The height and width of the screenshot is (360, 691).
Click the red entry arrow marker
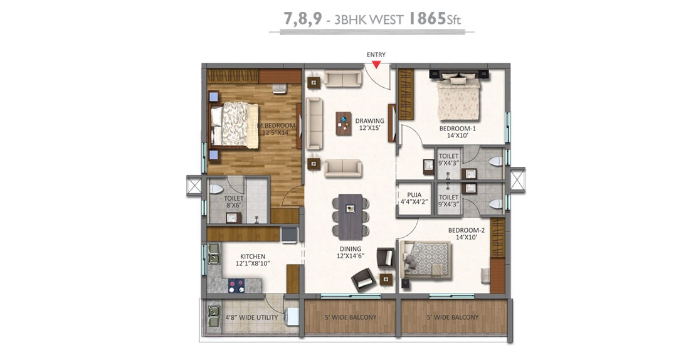376,63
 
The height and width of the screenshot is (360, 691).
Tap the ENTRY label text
376,55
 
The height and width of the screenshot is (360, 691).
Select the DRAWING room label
369,121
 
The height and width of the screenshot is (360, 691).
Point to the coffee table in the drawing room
343,123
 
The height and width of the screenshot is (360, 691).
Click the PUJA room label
413,194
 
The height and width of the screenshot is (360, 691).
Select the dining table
350,216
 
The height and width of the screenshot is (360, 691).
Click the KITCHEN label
253,257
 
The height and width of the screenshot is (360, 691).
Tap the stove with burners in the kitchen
237,285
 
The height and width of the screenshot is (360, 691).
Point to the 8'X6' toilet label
234,204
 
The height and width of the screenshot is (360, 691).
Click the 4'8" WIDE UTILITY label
251,317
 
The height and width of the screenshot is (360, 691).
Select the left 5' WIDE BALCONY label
351,317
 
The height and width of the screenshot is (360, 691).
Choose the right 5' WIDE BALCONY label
453,317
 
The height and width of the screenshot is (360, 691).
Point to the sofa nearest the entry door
344,79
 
